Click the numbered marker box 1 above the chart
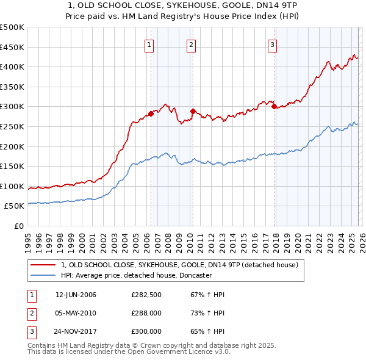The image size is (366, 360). (x=149, y=44)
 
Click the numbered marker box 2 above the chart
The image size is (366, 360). (x=191, y=44)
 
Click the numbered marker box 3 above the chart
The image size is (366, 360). (x=272, y=44)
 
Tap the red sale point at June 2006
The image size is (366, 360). (x=151, y=113)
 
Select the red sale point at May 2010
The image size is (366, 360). (x=193, y=112)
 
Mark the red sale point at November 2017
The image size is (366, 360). (x=274, y=107)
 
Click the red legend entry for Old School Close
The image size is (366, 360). (x=179, y=265)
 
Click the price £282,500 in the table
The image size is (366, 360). (x=146, y=295)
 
